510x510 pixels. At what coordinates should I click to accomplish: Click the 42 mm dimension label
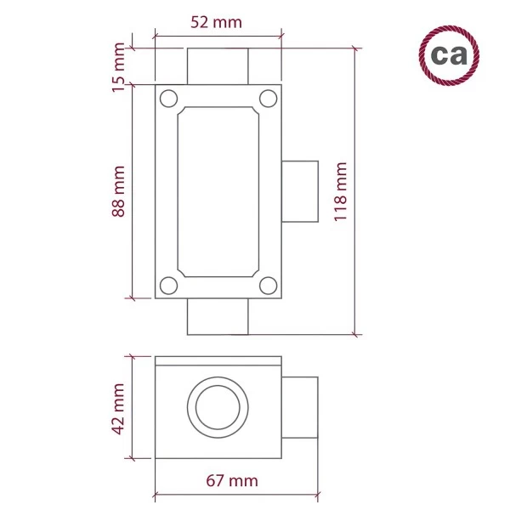tap(119, 408)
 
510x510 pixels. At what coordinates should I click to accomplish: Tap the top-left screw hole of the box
tap(168, 98)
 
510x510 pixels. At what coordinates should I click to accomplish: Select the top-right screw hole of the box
tap(267, 98)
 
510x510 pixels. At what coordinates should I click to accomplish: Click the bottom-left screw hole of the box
tap(168, 285)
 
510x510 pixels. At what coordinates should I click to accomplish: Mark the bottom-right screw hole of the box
tap(267, 285)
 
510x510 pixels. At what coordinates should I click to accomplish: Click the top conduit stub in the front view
tap(218, 66)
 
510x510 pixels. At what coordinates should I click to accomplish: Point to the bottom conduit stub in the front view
tap(218, 316)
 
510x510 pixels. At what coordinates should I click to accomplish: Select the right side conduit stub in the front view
tap(298, 190)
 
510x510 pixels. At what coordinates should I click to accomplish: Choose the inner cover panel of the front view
tap(218, 191)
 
